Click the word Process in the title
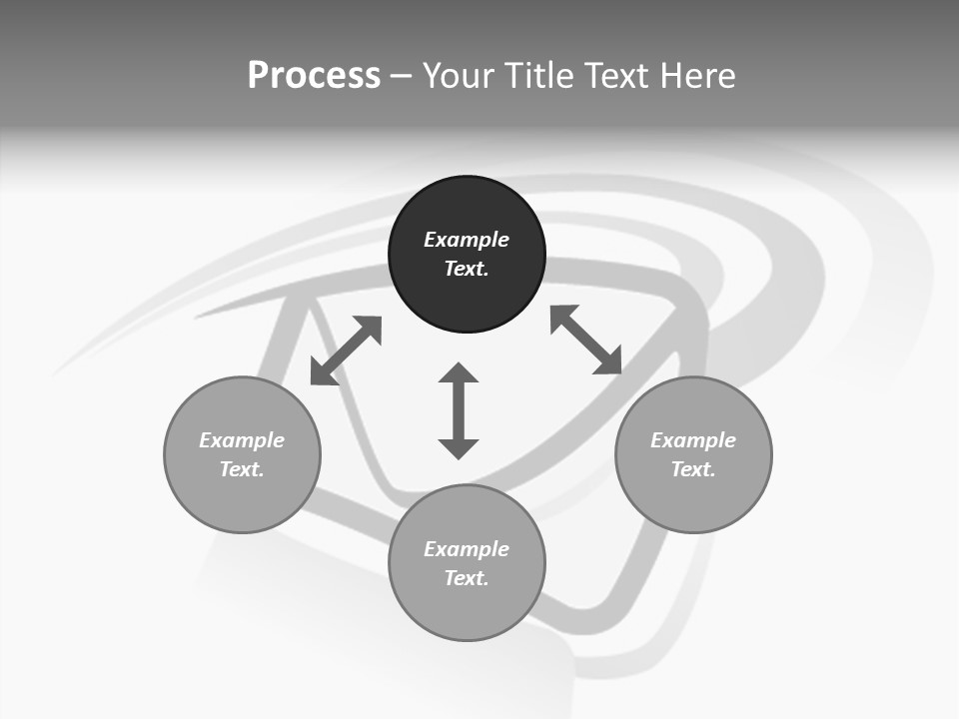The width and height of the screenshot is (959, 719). (x=314, y=76)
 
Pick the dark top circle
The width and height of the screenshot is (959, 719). (x=467, y=300)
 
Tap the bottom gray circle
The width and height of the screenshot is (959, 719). (x=467, y=609)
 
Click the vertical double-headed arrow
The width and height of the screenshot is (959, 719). (x=459, y=410)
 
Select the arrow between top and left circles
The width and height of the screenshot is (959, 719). (x=346, y=351)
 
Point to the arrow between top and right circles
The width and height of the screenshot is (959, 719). (x=586, y=340)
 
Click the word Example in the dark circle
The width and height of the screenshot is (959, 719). (x=467, y=240)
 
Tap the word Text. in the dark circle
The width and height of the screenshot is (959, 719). (x=467, y=269)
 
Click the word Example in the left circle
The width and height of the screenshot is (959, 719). (x=242, y=440)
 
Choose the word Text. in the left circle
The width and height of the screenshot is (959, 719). (x=242, y=469)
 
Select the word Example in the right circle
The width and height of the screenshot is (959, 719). (x=693, y=440)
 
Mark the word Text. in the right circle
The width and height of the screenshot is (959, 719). (x=693, y=469)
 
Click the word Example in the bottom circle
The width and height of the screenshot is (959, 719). (x=467, y=549)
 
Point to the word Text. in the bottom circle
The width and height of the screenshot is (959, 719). (x=467, y=578)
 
